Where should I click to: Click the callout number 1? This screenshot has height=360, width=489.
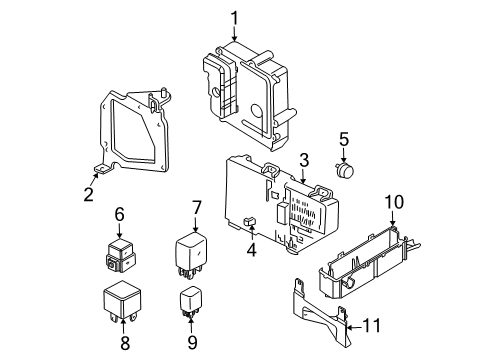pyautogui.click(x=235, y=17)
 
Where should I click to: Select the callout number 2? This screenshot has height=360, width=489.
pyautogui.click(x=89, y=194)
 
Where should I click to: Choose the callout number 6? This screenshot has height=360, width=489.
pyautogui.click(x=118, y=213)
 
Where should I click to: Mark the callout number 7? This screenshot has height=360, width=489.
pyautogui.click(x=197, y=207)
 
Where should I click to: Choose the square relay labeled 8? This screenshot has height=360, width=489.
pyautogui.click(x=119, y=300)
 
